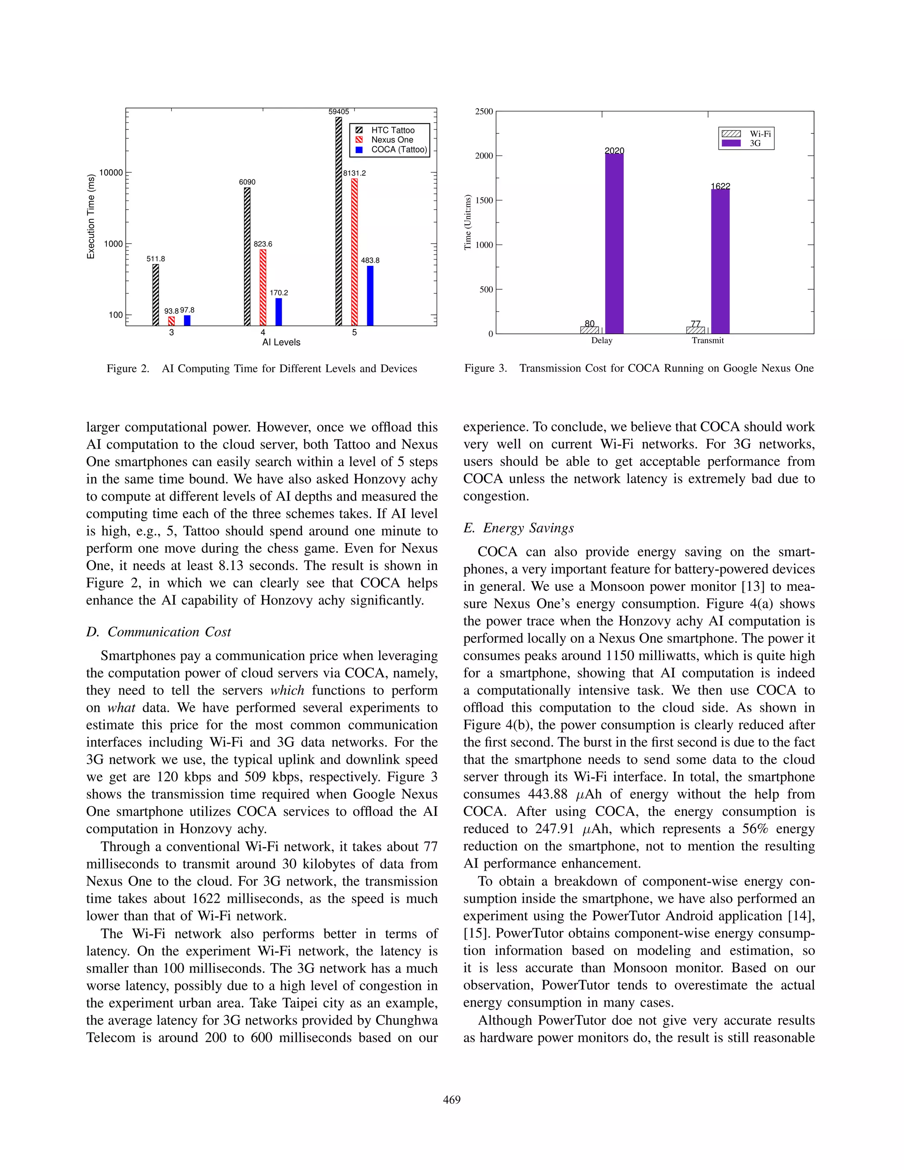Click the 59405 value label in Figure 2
pyautogui.click(x=339, y=111)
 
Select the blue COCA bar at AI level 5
pyautogui.click(x=370, y=296)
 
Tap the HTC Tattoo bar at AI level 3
pyautogui.click(x=156, y=294)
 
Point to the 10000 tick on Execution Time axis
pyautogui.click(x=111, y=173)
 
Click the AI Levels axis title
pyautogui.click(x=281, y=342)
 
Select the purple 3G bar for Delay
pyautogui.click(x=614, y=244)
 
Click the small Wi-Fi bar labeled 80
pyautogui.click(x=590, y=330)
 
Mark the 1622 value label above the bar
pyautogui.click(x=720, y=186)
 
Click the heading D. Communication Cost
pyautogui.click(x=158, y=632)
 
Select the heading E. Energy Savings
pyautogui.click(x=518, y=528)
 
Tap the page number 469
pyautogui.click(x=452, y=1100)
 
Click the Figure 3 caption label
pyautogui.click(x=485, y=368)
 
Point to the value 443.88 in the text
pyautogui.click(x=548, y=794)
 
